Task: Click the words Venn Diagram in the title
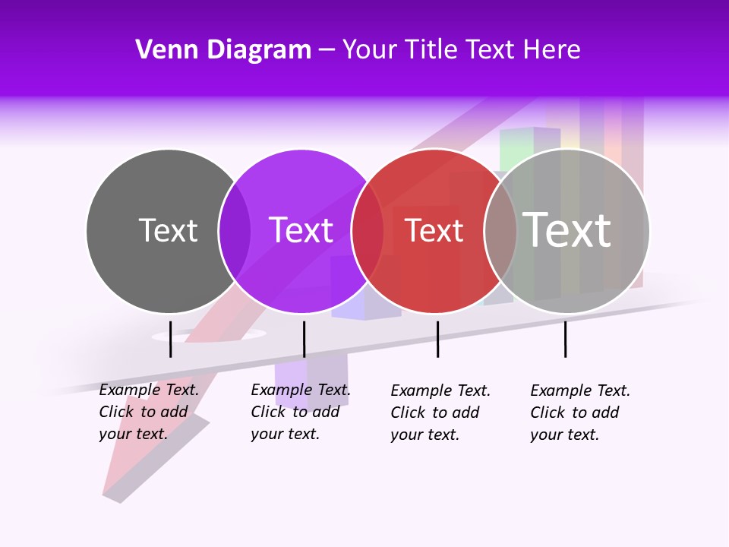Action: point(223,49)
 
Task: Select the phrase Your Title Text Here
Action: point(461,49)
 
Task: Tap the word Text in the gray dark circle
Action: point(168,230)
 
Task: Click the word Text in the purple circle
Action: point(301,230)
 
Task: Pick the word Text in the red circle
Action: point(434,230)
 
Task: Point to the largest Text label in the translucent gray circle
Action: point(567,229)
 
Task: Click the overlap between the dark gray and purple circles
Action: point(235,231)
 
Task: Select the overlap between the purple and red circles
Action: point(368,231)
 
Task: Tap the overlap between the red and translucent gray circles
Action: point(500,231)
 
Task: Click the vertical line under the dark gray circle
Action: point(171,339)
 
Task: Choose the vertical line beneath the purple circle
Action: point(304,339)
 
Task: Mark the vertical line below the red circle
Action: point(437,339)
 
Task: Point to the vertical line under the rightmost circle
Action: point(565,339)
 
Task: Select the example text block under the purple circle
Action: point(300,412)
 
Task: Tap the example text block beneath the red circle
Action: point(440,413)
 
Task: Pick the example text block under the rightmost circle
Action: point(579,413)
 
